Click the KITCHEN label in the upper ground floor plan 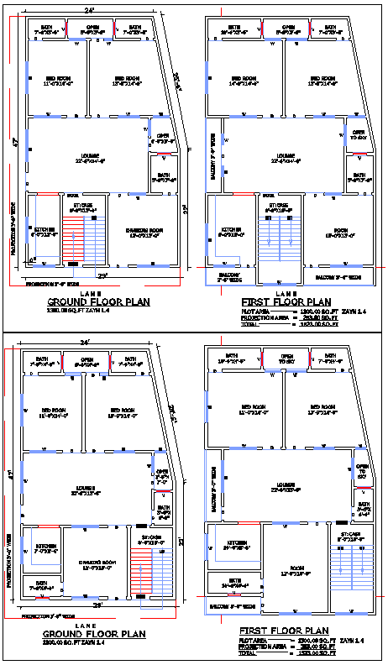point(44,229)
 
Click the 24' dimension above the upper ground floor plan point(89,11)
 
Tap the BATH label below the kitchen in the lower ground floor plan point(39,584)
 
